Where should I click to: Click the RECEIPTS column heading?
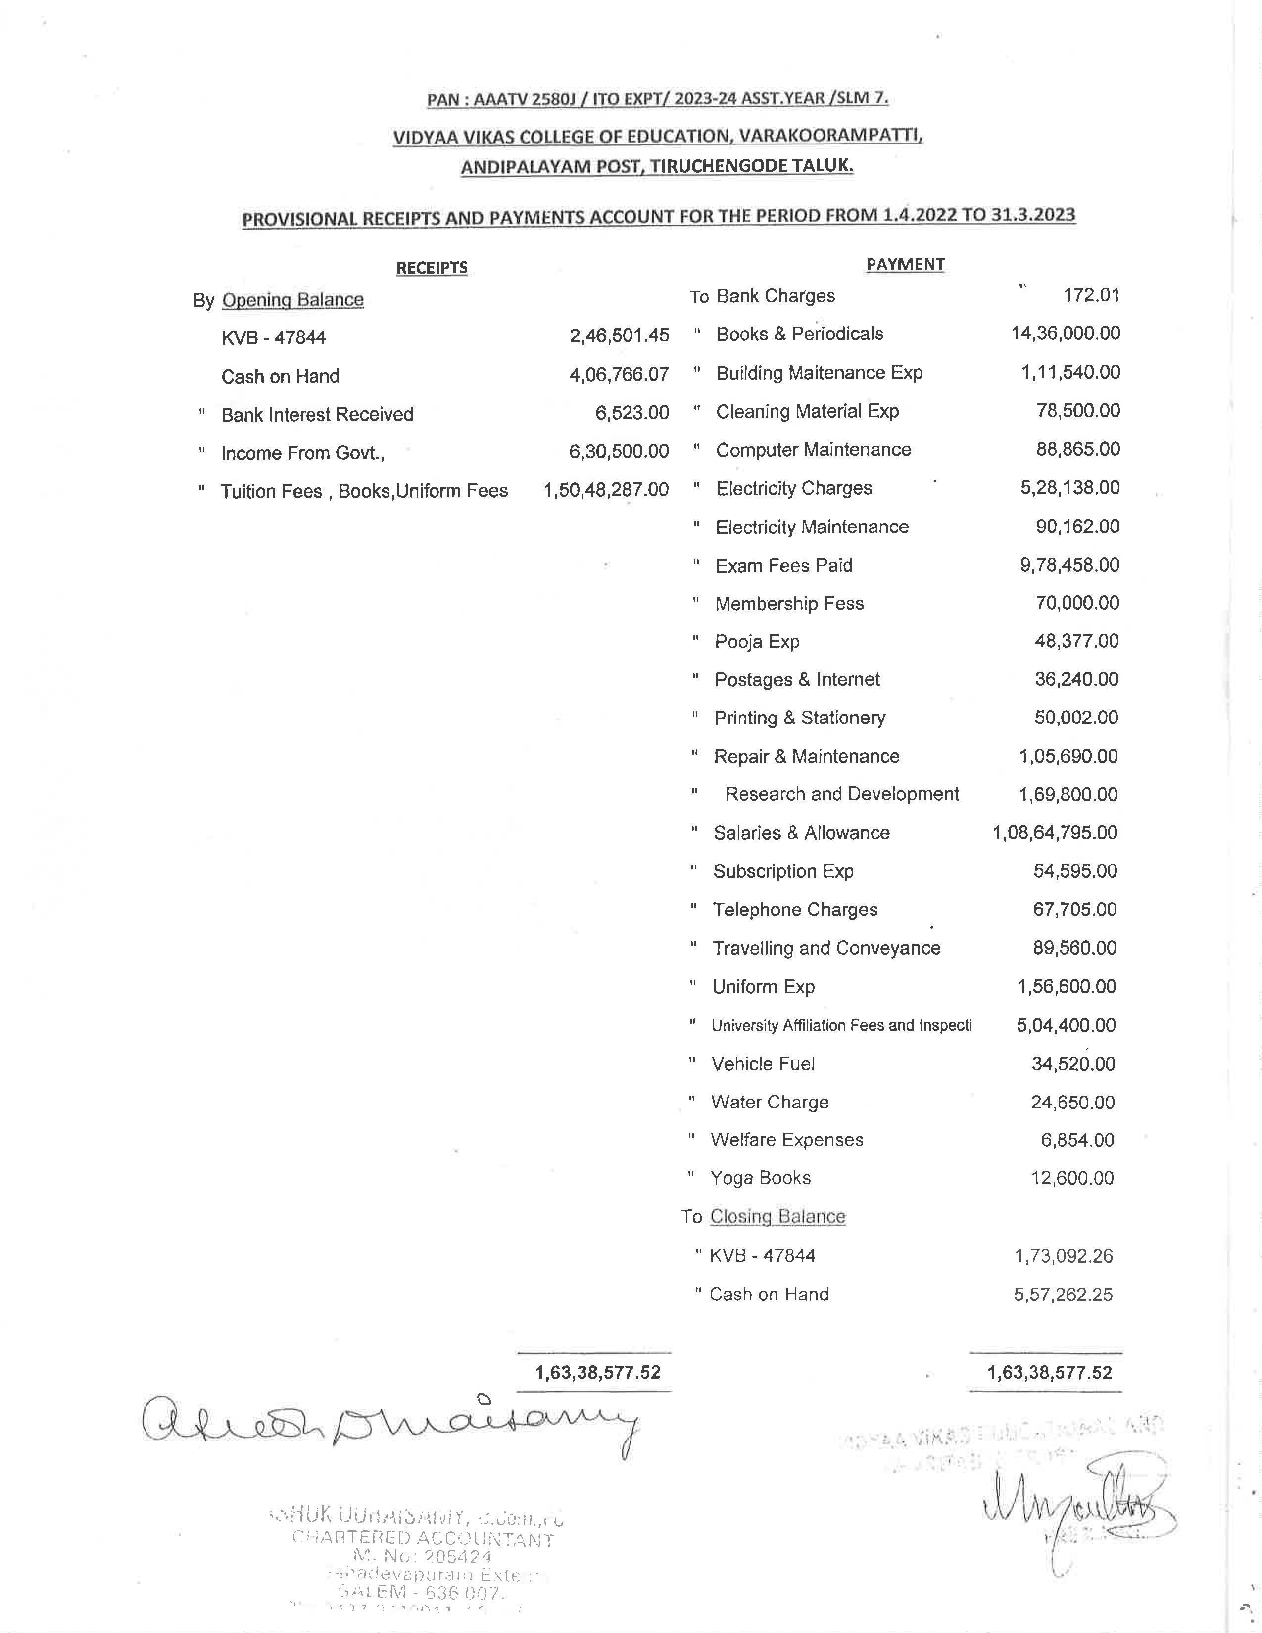[x=432, y=268]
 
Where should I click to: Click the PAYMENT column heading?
[x=905, y=264]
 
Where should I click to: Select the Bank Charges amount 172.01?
[x=1091, y=295]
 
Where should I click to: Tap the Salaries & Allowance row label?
[x=801, y=833]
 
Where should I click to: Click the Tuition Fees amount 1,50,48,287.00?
[x=606, y=490]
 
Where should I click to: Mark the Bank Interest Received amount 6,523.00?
[x=632, y=413]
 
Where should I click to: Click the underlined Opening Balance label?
[x=292, y=300]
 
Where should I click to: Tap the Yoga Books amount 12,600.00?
[x=1072, y=1178]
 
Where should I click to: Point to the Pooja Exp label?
[x=757, y=641]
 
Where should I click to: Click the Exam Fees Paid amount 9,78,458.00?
[x=1069, y=565]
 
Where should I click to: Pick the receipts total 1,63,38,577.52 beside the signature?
[x=597, y=1373]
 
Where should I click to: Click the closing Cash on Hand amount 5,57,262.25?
[x=1063, y=1295]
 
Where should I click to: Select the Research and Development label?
[x=842, y=794]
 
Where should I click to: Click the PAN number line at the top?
[x=657, y=98]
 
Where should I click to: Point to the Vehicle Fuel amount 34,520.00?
[x=1073, y=1064]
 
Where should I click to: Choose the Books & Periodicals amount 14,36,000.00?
[x=1066, y=334]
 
